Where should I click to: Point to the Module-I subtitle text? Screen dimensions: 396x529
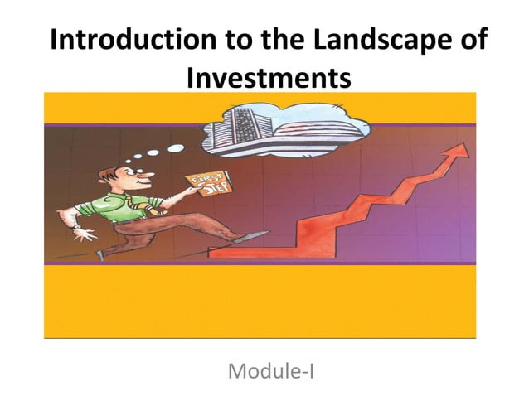pyautogui.click(x=270, y=370)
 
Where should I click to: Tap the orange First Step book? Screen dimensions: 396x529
pyautogui.click(x=204, y=187)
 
